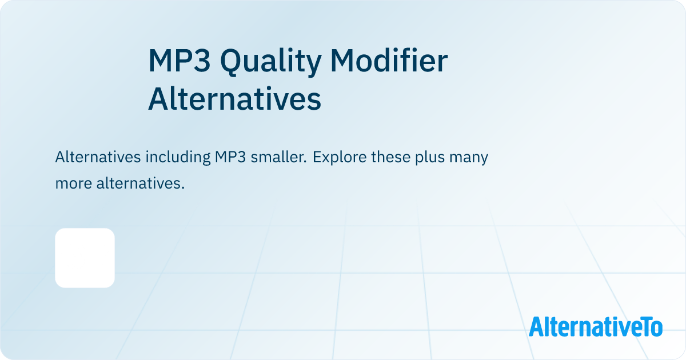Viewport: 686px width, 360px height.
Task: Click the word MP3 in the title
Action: coord(180,61)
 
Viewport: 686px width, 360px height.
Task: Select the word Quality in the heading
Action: coord(271,62)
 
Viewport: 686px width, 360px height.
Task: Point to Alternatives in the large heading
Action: coord(234,98)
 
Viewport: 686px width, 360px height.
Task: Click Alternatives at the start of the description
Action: coord(98,157)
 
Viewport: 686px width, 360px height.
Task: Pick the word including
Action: coord(178,157)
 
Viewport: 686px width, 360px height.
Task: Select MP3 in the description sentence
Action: coord(230,157)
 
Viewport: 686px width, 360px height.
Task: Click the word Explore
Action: coord(340,157)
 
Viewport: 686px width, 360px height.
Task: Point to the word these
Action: coord(391,157)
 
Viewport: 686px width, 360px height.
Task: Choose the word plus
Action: coord(430,157)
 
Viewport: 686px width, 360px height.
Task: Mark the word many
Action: coord(469,158)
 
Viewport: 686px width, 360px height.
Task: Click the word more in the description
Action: coord(74,184)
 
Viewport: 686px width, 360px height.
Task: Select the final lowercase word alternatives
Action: coord(141,183)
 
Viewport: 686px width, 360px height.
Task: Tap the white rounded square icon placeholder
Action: coord(85,258)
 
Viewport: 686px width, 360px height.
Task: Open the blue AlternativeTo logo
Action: coord(596,327)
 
